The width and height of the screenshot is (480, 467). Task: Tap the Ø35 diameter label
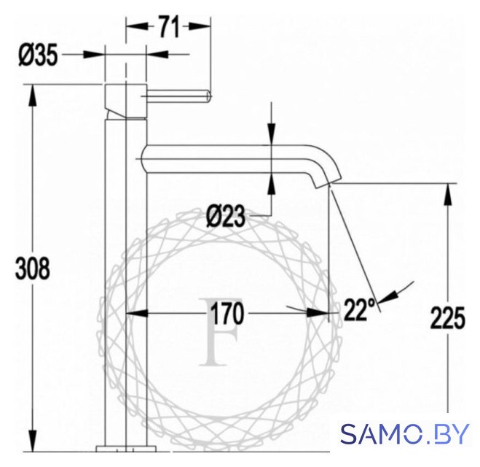[39, 55]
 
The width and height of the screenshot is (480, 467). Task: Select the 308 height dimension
[33, 268]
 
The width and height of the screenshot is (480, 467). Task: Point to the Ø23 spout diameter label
[226, 216]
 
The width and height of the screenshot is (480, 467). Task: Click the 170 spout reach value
[227, 313]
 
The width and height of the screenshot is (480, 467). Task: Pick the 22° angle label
[359, 309]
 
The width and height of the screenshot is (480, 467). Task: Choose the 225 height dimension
[447, 317]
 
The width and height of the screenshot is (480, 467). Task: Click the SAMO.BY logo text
[405, 433]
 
